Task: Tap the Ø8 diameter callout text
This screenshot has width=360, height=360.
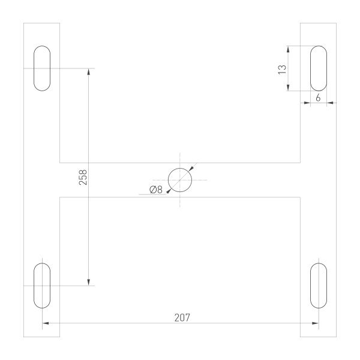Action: (x=155, y=190)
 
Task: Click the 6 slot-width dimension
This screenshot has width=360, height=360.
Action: (x=317, y=97)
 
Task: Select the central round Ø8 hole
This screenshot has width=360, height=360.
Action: (x=180, y=179)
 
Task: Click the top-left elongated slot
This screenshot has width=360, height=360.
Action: (x=42, y=68)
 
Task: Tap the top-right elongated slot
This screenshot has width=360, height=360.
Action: (x=318, y=68)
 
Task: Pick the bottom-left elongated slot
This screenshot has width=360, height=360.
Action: (x=42, y=285)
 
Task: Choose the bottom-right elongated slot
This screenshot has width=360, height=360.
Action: (x=318, y=285)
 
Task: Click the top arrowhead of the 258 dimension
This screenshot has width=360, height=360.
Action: (x=89, y=71)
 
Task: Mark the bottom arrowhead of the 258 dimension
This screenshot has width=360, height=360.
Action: (x=89, y=282)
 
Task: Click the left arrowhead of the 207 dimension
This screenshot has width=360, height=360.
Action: (x=46, y=324)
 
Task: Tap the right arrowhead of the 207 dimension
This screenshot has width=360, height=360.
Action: (x=314, y=324)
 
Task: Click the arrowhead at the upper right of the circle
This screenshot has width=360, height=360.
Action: (x=191, y=169)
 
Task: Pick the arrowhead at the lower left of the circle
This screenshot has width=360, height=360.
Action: (x=169, y=190)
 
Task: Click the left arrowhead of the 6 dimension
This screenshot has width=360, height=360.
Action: (x=307, y=103)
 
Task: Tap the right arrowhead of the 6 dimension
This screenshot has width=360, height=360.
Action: (x=329, y=103)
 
